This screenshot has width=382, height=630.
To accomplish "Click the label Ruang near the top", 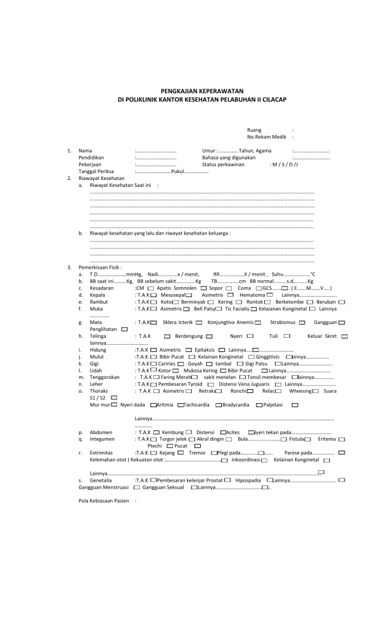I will (x=253, y=130).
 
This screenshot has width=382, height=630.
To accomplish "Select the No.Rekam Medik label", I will (x=263, y=136).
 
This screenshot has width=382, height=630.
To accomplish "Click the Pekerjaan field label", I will (x=89, y=164).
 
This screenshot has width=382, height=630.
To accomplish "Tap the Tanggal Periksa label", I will (x=95, y=171).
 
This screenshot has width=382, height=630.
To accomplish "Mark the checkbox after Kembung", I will (x=188, y=432).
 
